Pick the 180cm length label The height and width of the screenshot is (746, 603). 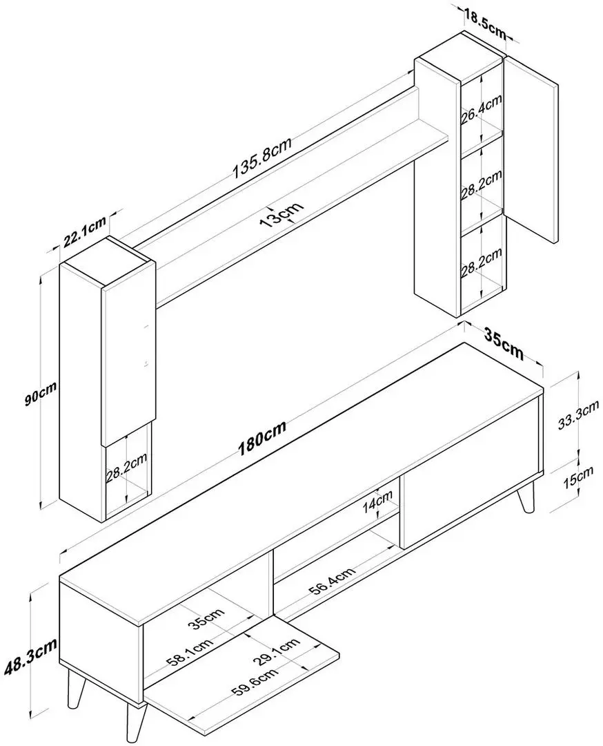(x=262, y=439)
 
